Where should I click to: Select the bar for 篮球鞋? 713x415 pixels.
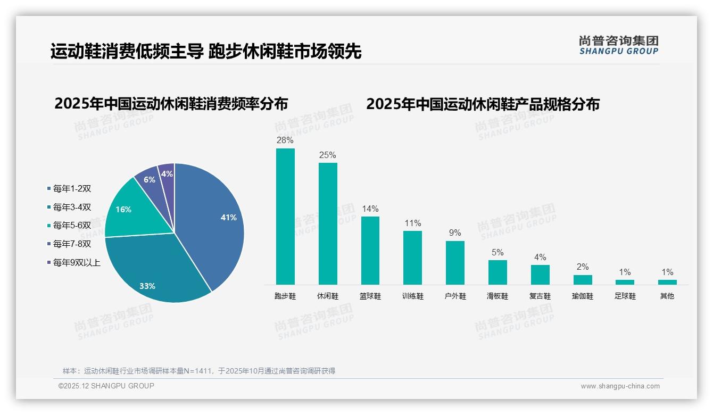tap(370, 250)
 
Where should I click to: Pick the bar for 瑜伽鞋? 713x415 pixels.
tap(583, 279)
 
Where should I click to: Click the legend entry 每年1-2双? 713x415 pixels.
tap(69, 188)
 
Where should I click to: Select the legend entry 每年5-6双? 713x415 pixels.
tap(69, 226)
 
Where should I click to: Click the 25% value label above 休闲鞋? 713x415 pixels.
tap(328, 155)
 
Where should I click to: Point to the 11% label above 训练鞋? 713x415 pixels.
tap(412, 223)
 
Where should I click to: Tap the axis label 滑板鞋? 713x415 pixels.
tap(498, 296)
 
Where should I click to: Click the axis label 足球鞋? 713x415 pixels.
tap(625, 296)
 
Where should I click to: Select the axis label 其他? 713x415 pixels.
tap(667, 296)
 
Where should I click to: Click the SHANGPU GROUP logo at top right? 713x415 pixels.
tap(618, 45)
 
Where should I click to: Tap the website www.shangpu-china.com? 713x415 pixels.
tap(620, 386)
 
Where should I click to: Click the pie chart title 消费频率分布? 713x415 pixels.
tap(171, 103)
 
